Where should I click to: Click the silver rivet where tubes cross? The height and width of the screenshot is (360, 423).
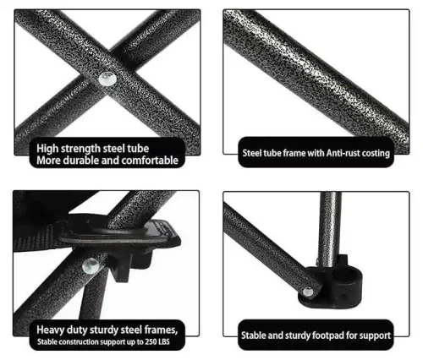click(107, 79)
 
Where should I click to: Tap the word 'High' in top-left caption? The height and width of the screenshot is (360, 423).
click(47, 149)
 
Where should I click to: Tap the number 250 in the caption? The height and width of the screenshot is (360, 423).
click(151, 342)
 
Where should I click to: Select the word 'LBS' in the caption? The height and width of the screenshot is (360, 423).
click(164, 342)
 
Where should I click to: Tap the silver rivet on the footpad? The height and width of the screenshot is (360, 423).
click(308, 292)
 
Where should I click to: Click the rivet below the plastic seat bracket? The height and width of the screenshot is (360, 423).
click(91, 265)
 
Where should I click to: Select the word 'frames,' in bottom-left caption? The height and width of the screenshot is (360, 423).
click(161, 330)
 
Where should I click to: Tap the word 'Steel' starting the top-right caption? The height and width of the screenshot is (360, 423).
click(249, 153)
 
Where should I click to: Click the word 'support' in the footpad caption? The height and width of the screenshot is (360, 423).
click(376, 336)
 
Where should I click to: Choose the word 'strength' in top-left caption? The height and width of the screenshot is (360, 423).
click(80, 149)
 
